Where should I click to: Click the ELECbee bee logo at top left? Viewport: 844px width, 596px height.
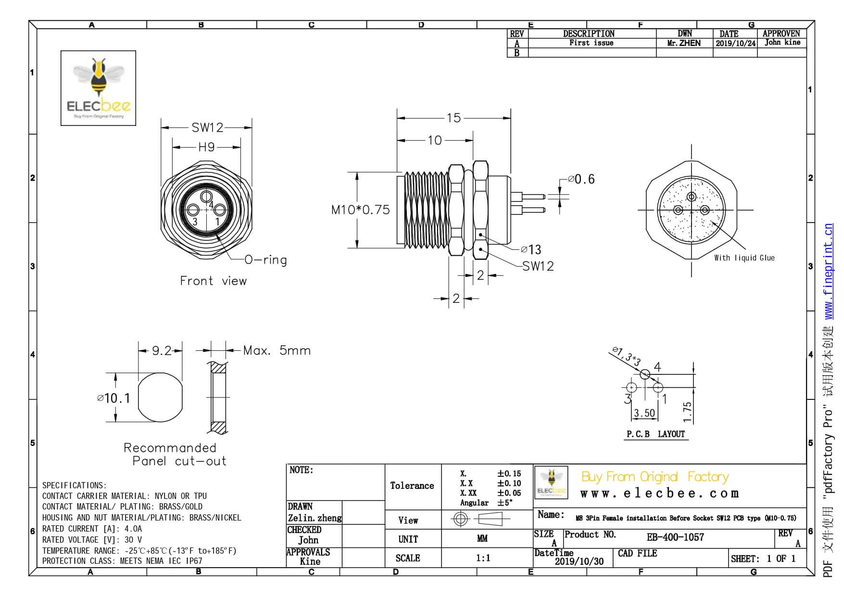point(98,88)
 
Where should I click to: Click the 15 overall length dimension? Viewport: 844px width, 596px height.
point(453,118)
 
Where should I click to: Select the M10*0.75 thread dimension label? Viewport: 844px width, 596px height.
point(360,210)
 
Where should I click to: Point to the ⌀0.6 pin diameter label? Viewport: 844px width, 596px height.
point(581,179)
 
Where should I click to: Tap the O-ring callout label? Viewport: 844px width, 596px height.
point(265,260)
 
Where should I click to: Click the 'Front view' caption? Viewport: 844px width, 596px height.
point(213,281)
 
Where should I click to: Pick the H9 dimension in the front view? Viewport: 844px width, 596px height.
point(206,147)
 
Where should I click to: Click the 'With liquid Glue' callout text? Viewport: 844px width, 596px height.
point(744,258)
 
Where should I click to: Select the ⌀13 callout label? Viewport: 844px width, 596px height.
point(531,249)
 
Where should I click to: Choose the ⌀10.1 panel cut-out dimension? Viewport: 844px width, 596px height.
point(113,398)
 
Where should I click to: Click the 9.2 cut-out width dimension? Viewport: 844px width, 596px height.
point(162,351)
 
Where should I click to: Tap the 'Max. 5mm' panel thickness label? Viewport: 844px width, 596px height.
point(277,350)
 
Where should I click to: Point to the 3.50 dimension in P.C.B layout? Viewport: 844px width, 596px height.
point(644,413)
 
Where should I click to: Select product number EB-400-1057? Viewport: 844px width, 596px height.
point(675,537)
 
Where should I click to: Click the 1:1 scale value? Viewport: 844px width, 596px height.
point(483,558)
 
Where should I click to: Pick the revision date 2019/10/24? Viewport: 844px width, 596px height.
point(735,43)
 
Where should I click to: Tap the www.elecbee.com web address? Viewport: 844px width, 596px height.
point(659,494)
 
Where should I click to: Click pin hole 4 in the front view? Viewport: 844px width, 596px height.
point(207,196)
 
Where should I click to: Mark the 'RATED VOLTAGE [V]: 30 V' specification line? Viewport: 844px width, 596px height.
point(92,540)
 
